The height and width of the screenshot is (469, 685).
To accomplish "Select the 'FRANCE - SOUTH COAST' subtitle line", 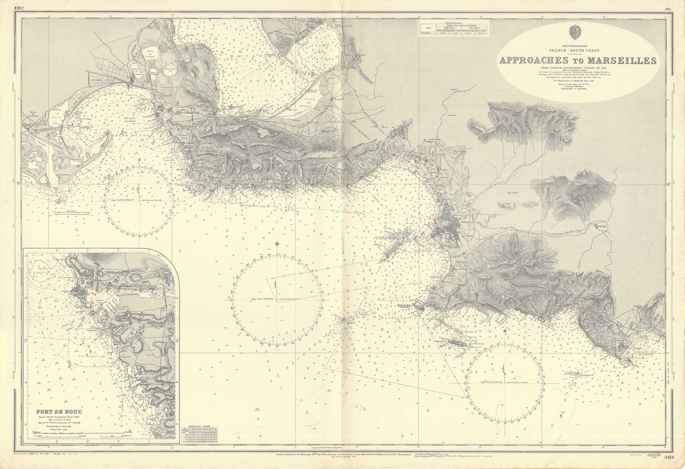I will tap(578, 51).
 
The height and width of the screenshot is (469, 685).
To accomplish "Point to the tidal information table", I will tap(454, 28).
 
